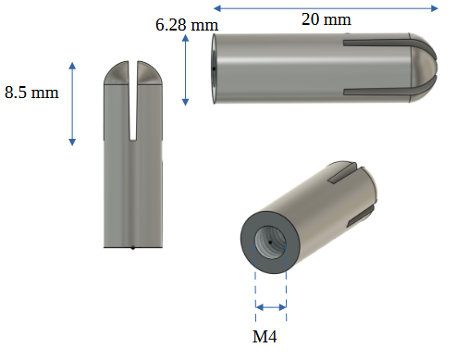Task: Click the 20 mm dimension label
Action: [x=326, y=19]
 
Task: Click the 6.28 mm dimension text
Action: [x=187, y=25]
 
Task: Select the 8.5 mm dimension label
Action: [x=31, y=93]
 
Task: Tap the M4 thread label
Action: [x=265, y=336]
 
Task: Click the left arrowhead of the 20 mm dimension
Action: [x=217, y=8]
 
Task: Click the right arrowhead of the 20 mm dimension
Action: [x=435, y=8]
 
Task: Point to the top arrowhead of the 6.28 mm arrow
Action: [x=185, y=38]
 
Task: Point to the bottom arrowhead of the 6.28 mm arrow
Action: [x=185, y=102]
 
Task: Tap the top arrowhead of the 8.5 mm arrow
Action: [x=72, y=66]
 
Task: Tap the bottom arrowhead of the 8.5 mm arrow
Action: [x=72, y=142]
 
